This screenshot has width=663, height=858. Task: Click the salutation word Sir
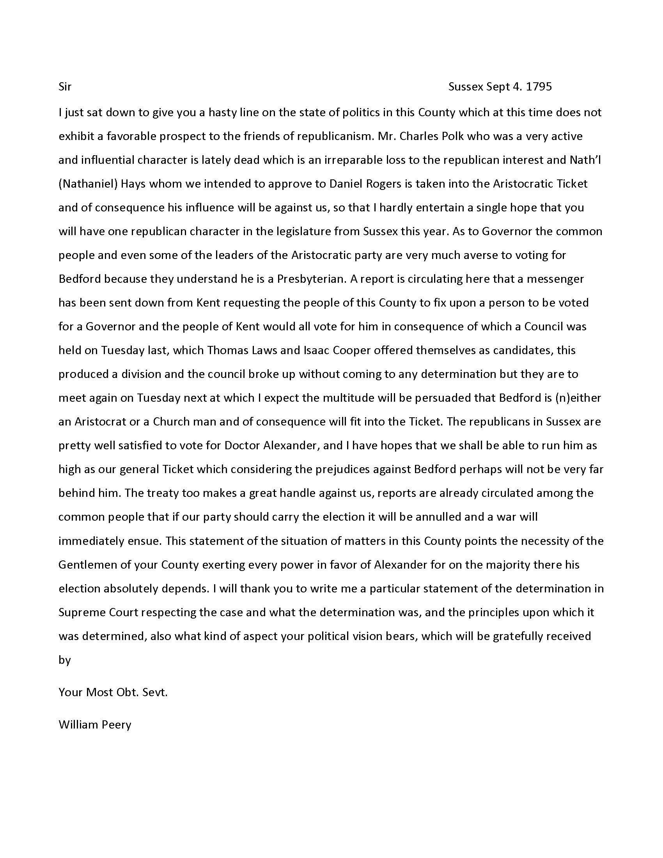[x=65, y=87]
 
